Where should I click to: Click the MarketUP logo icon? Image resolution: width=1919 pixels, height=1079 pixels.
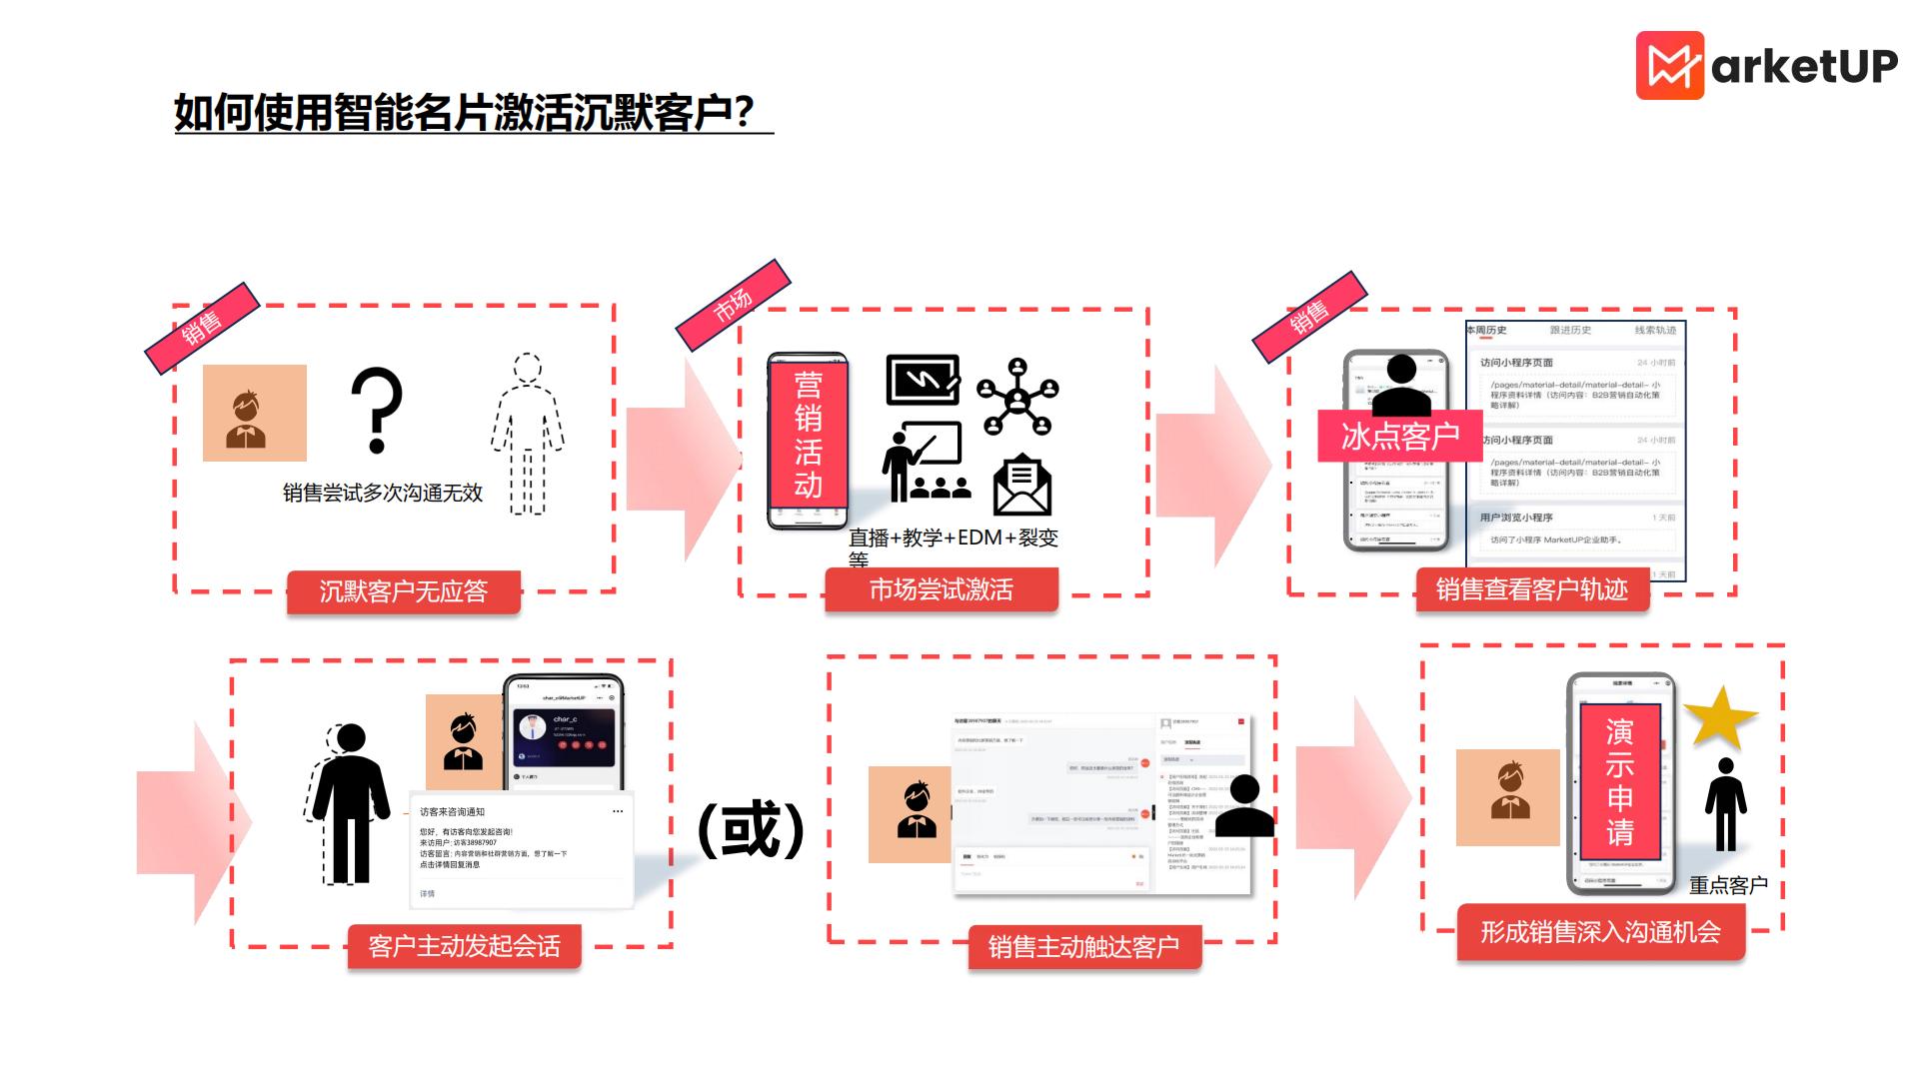[1669, 66]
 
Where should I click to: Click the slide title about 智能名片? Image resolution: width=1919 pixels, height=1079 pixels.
[465, 112]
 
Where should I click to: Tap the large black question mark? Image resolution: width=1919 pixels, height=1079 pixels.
[377, 410]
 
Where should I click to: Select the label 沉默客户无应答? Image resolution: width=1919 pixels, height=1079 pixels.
[403, 591]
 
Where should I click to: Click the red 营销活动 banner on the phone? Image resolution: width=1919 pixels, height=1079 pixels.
[808, 435]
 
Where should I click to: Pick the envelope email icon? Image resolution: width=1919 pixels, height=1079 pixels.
[1021, 485]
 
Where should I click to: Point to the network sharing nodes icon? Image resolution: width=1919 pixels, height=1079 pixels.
[1017, 397]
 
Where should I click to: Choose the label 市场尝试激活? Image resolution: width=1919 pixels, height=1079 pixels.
[941, 589]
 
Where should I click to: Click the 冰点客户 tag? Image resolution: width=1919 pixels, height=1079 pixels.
[1399, 436]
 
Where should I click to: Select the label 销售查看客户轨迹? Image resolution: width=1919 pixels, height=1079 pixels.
[1532, 589]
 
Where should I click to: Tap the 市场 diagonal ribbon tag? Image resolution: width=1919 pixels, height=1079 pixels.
[734, 305]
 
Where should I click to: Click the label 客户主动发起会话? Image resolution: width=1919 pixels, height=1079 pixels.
[464, 945]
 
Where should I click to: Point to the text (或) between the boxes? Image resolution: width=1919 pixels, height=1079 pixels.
[751, 828]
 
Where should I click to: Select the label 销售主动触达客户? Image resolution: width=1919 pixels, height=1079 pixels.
[1083, 945]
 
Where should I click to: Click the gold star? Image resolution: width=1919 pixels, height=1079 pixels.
[1719, 715]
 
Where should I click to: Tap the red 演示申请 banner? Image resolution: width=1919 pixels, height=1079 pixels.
[1619, 782]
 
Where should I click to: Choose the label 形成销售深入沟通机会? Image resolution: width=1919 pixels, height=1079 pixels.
[1600, 932]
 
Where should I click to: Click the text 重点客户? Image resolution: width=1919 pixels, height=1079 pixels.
[1728, 885]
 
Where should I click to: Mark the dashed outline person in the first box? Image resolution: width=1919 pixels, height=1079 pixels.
[527, 435]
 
